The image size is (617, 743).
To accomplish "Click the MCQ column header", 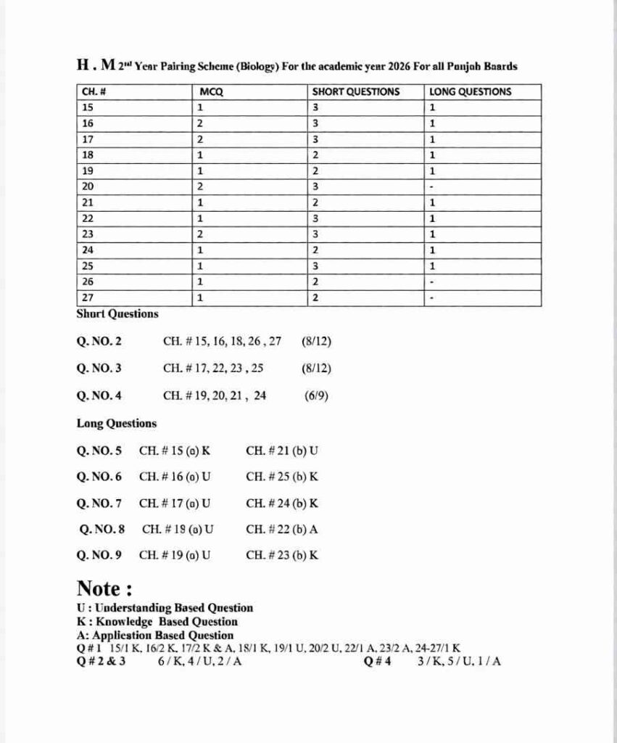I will pyautogui.click(x=211, y=91).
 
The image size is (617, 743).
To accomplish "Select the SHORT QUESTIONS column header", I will pyautogui.click(x=355, y=91).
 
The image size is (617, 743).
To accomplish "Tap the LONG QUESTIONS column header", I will pyautogui.click(x=470, y=91).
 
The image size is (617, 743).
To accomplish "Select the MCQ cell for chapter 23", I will pyautogui.click(x=200, y=234).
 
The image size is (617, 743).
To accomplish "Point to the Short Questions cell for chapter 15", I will pyautogui.click(x=315, y=107).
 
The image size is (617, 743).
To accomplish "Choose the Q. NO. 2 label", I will pyautogui.click(x=99, y=340).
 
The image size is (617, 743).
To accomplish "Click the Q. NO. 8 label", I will pyautogui.click(x=103, y=529).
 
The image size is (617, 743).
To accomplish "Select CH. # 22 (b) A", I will pyautogui.click(x=282, y=529).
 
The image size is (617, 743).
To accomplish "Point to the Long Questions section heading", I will pyautogui.click(x=116, y=423).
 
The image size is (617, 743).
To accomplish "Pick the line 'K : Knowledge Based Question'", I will pyautogui.click(x=157, y=621).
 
